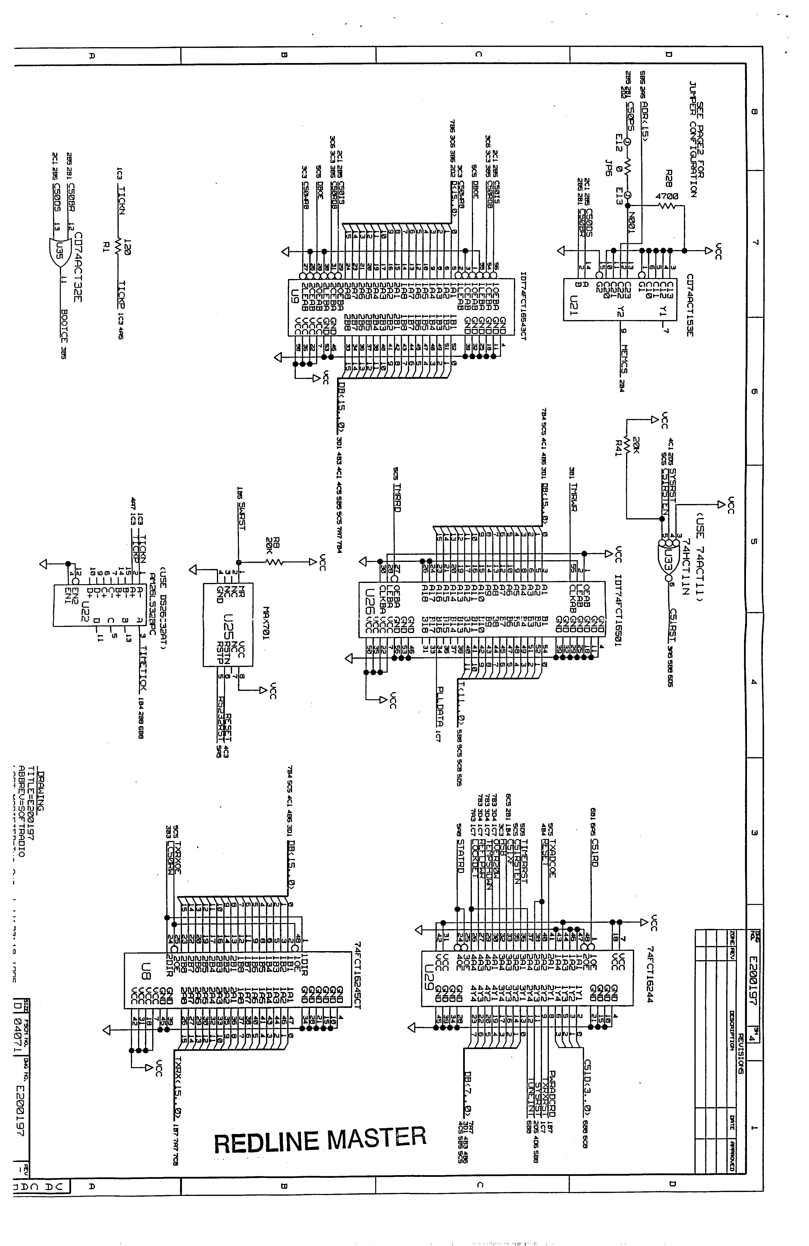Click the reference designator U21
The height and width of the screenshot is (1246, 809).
pyautogui.click(x=574, y=304)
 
